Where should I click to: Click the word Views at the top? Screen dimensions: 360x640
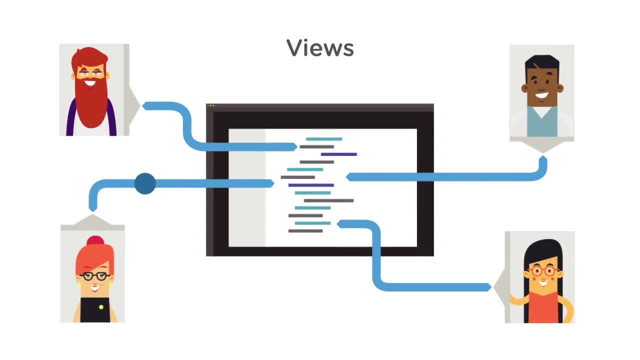tap(320, 48)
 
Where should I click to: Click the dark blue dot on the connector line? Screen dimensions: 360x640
tap(145, 183)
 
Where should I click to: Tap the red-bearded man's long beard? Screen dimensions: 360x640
tap(91, 105)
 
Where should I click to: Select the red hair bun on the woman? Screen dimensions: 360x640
tap(95, 241)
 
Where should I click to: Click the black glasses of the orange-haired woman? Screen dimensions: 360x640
tap(95, 276)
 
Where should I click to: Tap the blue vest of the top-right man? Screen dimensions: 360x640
tap(541, 122)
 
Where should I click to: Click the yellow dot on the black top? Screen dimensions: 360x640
tap(101, 306)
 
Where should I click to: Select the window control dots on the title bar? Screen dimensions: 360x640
tap(211, 106)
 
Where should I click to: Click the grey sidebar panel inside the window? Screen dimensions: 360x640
tap(246, 187)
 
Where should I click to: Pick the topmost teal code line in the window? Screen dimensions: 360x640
tap(324, 139)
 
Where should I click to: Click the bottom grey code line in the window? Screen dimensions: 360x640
tap(305, 231)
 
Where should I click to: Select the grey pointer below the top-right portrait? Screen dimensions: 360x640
tap(542, 146)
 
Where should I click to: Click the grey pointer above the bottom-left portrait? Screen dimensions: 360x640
tap(92, 220)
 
